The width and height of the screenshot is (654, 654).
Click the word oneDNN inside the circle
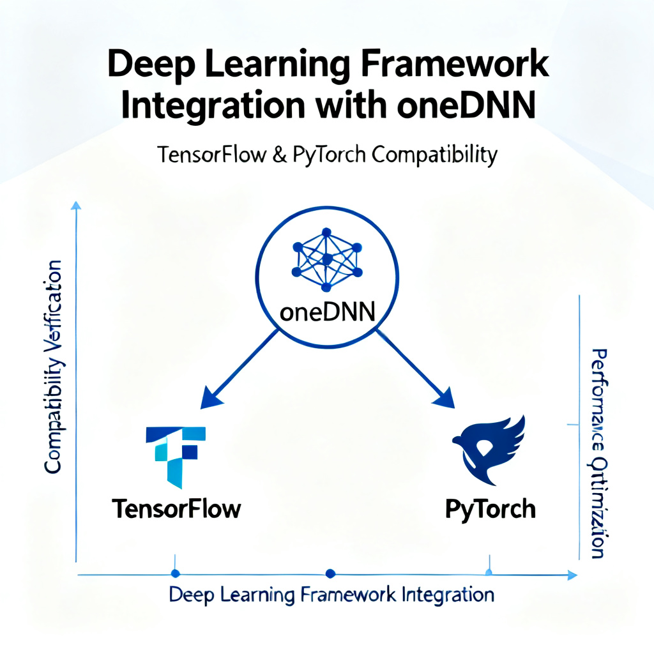point(327,313)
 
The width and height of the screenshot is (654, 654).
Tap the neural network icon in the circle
point(326,258)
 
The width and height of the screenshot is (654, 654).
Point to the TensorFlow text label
point(176,509)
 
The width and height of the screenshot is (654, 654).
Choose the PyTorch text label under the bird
point(490,509)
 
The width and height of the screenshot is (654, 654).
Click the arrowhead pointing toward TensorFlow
point(211,400)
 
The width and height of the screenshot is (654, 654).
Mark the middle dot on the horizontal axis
point(330,574)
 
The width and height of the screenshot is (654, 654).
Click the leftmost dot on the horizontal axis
point(176,574)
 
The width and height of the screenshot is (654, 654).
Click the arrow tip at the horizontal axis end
point(572,575)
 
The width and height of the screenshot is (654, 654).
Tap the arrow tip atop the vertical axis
point(76,205)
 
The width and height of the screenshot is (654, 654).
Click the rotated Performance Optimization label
point(598,453)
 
